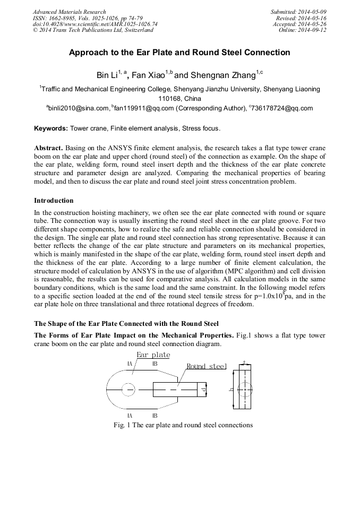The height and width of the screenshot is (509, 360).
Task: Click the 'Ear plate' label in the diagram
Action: [x=153, y=355]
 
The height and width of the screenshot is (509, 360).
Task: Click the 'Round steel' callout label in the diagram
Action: [x=206, y=366]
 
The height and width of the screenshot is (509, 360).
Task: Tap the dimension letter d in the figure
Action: [x=204, y=390]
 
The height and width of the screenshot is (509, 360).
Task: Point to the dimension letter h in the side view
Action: [x=231, y=390]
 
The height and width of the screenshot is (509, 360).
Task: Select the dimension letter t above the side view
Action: [x=244, y=363]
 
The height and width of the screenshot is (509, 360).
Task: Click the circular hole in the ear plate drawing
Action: [x=128, y=390]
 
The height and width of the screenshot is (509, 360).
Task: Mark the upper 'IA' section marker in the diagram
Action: [x=130, y=364]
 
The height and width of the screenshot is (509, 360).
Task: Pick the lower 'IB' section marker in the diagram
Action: [x=155, y=415]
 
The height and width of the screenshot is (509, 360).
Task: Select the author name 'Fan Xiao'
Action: [x=148, y=75]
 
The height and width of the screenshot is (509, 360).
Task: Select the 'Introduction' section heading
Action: [x=54, y=201]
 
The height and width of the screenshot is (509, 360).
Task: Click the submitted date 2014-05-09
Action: [x=312, y=12]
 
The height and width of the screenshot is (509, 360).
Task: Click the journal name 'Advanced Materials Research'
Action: [x=69, y=12]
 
